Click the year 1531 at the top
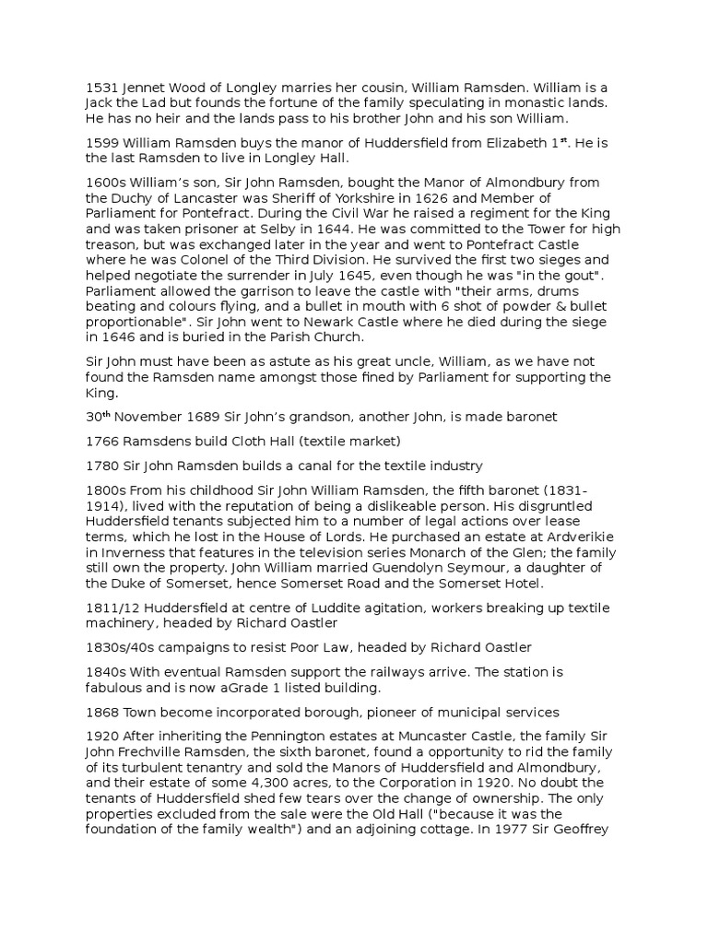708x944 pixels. (100, 89)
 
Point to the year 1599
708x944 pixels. (100, 143)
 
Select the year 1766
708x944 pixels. (100, 441)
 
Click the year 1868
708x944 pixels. (100, 711)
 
